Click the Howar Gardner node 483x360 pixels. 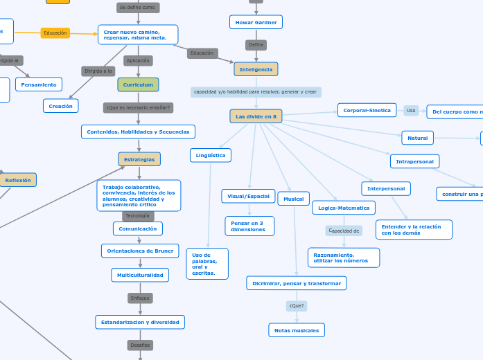[256, 22]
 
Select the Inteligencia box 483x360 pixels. [256, 69]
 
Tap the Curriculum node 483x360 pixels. [138, 84]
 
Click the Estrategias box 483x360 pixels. [139, 159]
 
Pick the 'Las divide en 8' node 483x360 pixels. [256, 116]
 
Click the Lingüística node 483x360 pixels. [211, 155]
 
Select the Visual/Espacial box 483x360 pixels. [248, 196]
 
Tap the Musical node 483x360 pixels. [294, 199]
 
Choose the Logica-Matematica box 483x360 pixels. [344, 208]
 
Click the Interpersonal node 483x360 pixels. [386, 188]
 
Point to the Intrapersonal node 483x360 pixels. [414, 161]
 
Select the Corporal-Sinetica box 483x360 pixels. [367, 110]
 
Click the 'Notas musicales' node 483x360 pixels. [297, 330]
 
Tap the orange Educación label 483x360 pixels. [55, 33]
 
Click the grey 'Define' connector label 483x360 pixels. [256, 45]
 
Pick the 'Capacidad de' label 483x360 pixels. [344, 231]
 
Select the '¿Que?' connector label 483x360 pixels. [297, 305]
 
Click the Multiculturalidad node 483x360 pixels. [140, 275]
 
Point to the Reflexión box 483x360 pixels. [18, 180]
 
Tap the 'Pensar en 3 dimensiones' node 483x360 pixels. [249, 226]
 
